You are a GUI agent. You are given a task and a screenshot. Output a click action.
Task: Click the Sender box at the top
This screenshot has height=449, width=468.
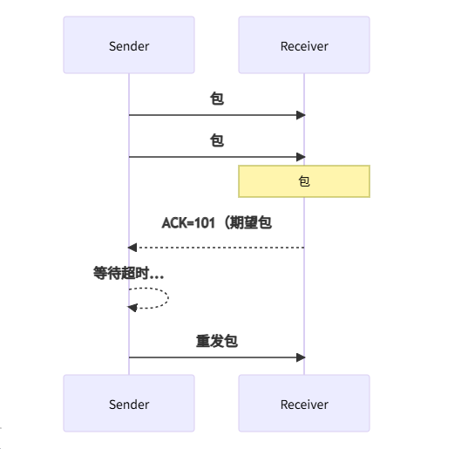[x=129, y=45]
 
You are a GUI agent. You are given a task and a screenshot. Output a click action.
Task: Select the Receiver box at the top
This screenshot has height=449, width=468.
[x=304, y=45]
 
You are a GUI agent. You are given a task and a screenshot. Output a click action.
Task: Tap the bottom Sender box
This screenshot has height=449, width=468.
[x=129, y=404]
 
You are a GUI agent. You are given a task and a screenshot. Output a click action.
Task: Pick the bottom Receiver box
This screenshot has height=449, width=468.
[x=304, y=404]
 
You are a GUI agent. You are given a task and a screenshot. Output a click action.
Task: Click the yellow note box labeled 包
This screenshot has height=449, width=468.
[x=304, y=181]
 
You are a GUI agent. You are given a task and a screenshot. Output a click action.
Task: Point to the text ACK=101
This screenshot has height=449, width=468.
[x=190, y=223]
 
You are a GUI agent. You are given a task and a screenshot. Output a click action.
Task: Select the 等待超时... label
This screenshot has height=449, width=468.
[x=129, y=273]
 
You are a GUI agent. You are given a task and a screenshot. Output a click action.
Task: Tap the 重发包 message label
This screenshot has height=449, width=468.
[x=217, y=341]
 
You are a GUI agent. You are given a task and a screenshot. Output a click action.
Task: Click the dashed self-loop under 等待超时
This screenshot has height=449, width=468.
[x=166, y=297]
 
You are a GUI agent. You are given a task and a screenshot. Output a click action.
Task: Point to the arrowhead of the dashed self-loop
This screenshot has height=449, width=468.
[x=132, y=307]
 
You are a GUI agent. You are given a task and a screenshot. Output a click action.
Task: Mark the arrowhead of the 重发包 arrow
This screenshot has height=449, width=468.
[x=301, y=357]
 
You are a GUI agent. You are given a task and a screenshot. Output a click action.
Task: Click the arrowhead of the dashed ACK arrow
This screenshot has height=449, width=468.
[x=132, y=248]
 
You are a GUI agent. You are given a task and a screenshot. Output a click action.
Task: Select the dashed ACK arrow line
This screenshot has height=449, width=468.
[x=218, y=248]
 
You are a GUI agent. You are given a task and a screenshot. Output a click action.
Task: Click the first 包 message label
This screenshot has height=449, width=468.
[x=217, y=99]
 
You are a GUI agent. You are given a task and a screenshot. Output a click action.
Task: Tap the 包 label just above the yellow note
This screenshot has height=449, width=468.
[x=217, y=140]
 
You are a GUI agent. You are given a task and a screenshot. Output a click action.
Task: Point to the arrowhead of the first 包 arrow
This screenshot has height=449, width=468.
[x=301, y=115]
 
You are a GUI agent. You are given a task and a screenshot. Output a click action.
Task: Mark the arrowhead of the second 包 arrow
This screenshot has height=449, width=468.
[x=301, y=157]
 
